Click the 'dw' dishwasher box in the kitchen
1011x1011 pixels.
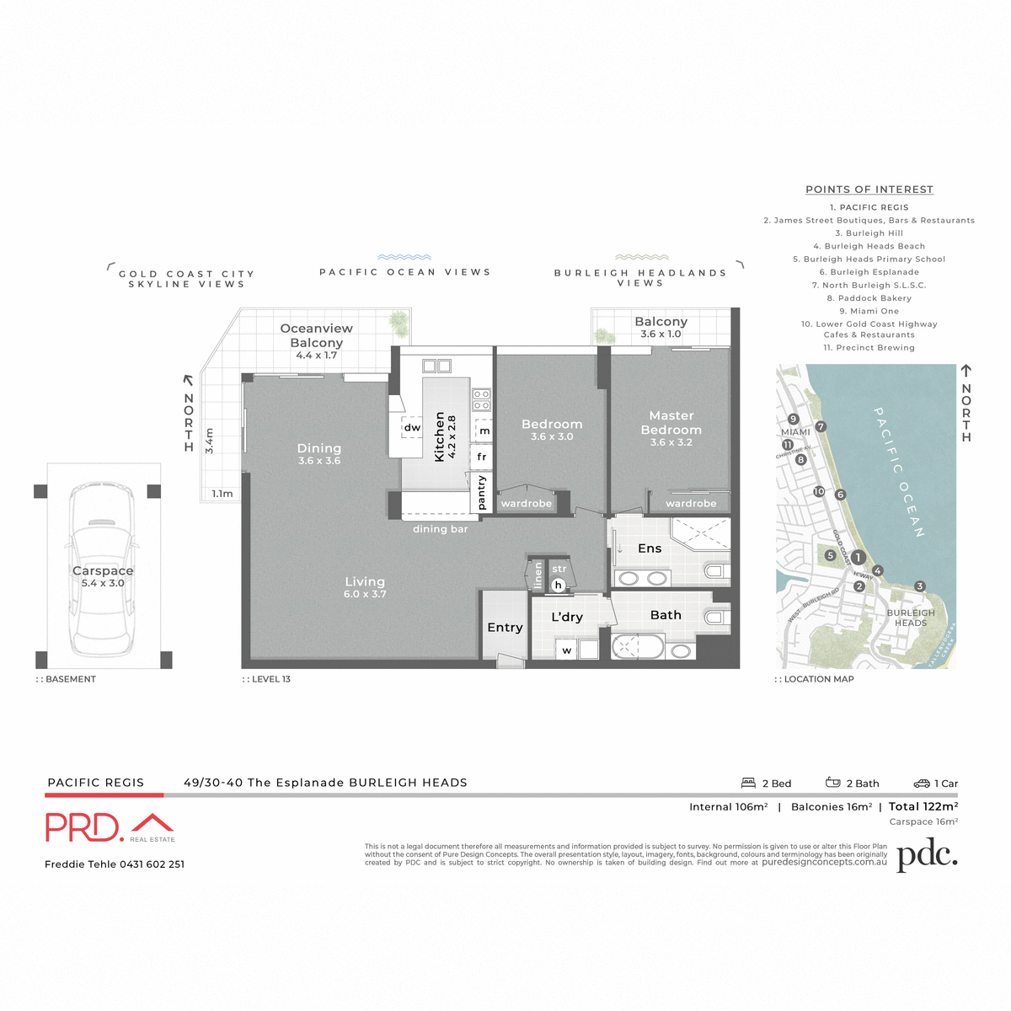(x=412, y=427)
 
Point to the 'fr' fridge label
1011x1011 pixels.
(x=482, y=457)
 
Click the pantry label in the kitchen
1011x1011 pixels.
(x=482, y=493)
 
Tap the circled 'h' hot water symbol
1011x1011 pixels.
(x=558, y=585)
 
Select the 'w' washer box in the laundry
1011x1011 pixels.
(x=567, y=650)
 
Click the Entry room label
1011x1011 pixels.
(x=505, y=628)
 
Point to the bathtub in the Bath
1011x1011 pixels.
(x=637, y=647)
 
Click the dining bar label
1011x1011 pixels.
(x=440, y=529)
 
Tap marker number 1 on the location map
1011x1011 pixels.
(x=858, y=557)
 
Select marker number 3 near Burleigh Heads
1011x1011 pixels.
(x=919, y=586)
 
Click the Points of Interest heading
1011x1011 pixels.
(x=869, y=190)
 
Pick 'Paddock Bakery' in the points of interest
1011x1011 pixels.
(x=869, y=298)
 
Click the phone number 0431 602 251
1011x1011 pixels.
(x=152, y=864)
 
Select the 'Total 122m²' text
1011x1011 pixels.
(x=923, y=806)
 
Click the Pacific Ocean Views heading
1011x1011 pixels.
(x=404, y=272)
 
